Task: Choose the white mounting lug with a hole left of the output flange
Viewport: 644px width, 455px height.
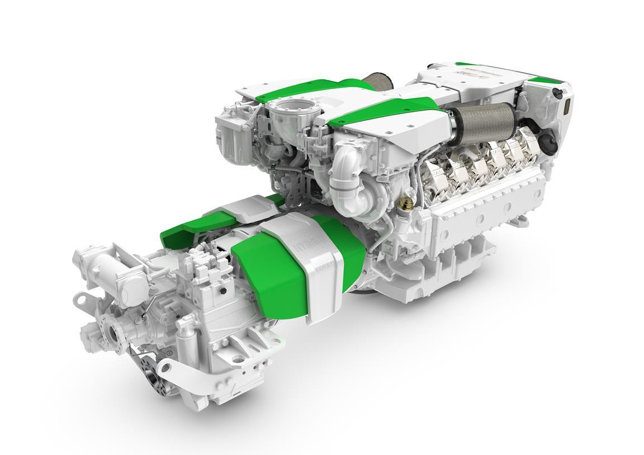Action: (81, 300)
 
